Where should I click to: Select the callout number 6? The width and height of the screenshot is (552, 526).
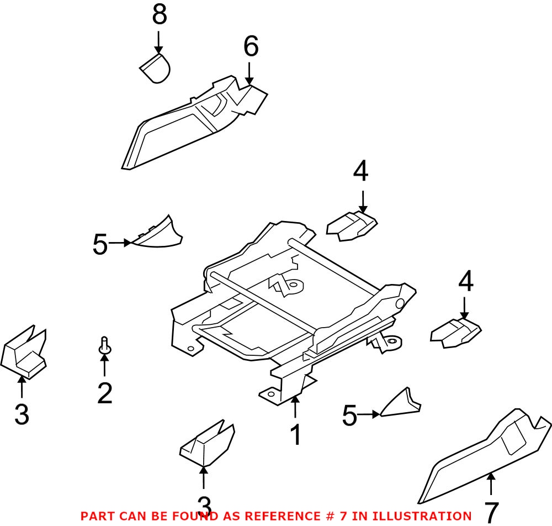point(250,48)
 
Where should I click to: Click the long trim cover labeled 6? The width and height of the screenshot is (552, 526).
point(182,124)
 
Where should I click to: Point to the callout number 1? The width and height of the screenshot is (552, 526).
point(296,435)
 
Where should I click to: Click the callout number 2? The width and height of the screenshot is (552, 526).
point(105,393)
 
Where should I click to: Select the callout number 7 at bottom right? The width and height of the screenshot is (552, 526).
point(491,512)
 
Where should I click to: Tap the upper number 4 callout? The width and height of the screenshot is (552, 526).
point(360,172)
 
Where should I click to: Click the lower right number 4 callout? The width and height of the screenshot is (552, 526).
point(465,282)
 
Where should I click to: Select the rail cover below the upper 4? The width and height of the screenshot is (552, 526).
point(352,226)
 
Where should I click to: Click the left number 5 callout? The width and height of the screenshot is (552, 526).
point(100,244)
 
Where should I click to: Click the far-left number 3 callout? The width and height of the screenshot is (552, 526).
point(22,414)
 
